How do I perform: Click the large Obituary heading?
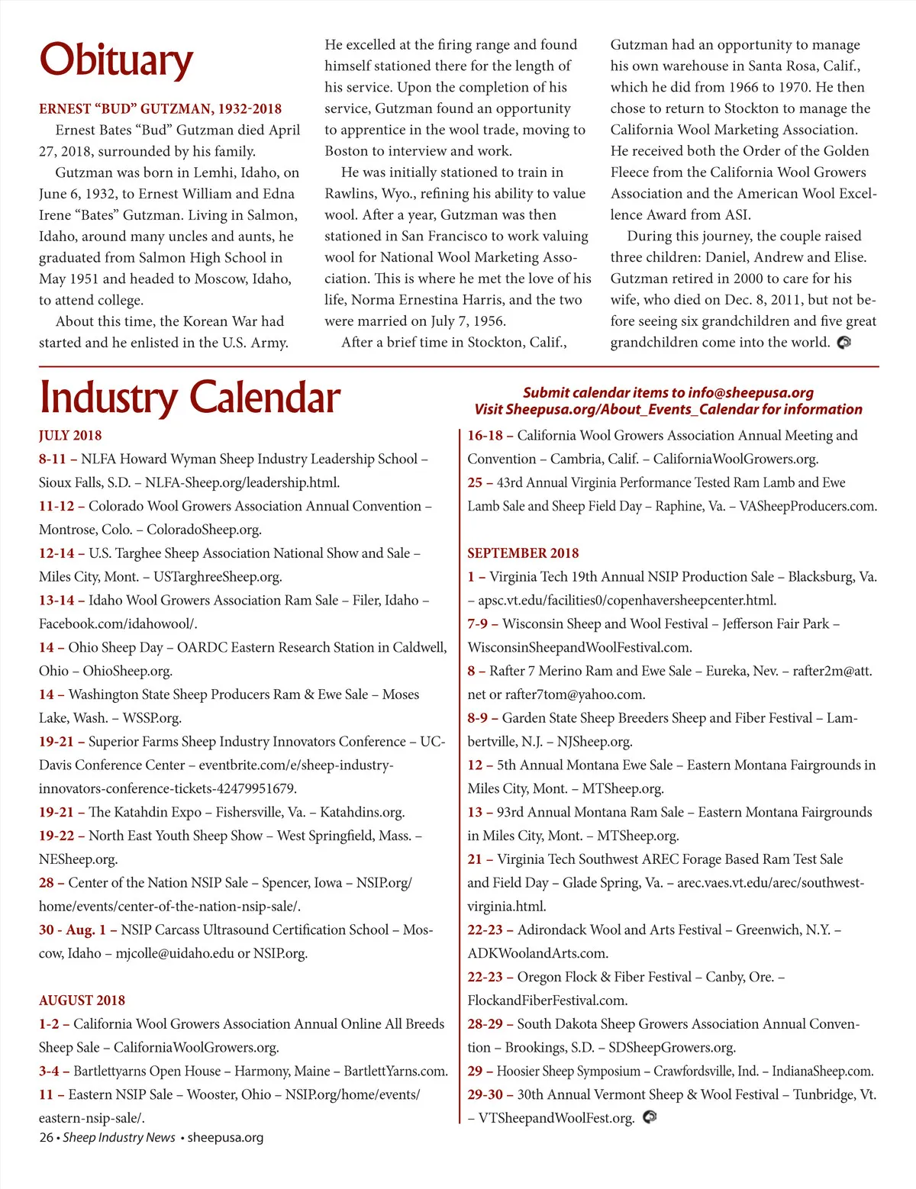tap(116, 60)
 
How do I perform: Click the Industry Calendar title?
tap(189, 398)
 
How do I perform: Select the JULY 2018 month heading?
tap(70, 436)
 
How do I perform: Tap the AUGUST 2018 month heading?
tap(82, 1000)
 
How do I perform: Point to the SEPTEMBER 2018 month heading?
tap(523, 553)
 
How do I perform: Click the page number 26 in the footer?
tap(46, 1137)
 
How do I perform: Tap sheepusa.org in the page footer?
tap(225, 1137)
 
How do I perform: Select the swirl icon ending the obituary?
tap(843, 343)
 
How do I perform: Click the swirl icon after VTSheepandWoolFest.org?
tap(650, 1117)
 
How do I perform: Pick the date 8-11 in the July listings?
tap(53, 459)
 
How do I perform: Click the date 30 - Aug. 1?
tap(73, 930)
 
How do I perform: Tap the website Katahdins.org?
tap(362, 813)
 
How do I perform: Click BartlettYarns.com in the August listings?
tap(395, 1071)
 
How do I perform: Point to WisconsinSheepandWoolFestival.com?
tap(579, 648)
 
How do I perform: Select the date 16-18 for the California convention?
tap(485, 436)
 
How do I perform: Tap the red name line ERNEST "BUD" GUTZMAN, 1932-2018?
tap(160, 109)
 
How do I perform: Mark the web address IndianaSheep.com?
tap(822, 1071)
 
